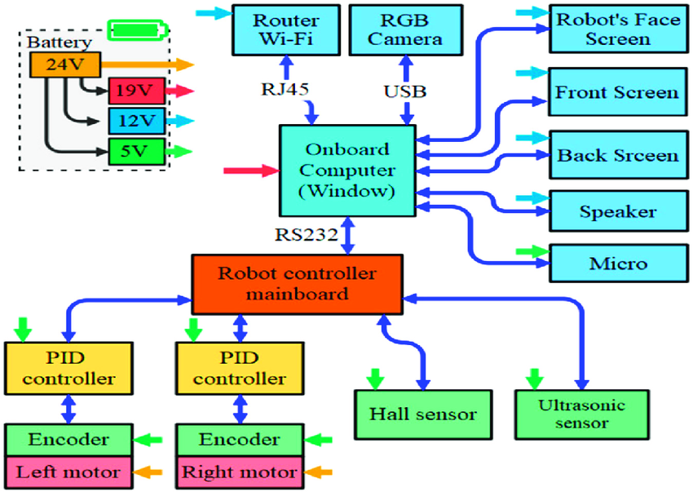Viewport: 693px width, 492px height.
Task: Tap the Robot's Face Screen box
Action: pos(617,29)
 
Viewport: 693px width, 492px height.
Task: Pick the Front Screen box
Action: pos(617,92)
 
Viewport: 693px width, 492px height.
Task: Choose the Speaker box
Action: pos(617,212)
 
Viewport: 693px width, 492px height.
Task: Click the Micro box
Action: pos(617,263)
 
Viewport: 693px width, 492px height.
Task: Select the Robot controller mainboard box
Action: pos(297,283)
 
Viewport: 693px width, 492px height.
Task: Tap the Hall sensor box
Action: pos(422,414)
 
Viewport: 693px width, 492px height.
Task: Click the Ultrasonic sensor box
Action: pos(584,413)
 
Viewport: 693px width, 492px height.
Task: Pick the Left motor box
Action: pos(68,472)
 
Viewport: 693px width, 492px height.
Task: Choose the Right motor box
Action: pos(239,472)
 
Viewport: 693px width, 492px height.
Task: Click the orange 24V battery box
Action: pos(64,64)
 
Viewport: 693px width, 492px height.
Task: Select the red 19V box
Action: pos(129,91)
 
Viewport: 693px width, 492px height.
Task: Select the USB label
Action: pos(404,91)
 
